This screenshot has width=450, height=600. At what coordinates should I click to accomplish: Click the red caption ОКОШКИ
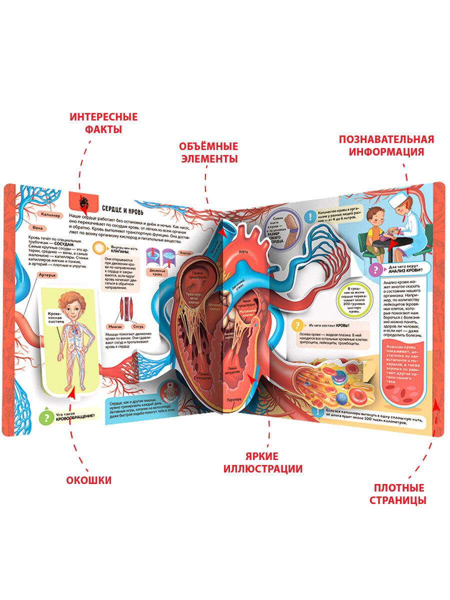coord(89,480)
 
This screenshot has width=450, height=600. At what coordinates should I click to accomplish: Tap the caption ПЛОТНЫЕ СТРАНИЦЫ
coord(398,493)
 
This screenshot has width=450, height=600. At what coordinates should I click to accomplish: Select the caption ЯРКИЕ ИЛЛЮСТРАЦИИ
coord(262,462)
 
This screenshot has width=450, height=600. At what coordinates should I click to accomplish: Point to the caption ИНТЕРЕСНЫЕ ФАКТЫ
coord(103,123)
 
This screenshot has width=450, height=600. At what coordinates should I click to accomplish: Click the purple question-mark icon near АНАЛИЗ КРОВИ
coord(372,270)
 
